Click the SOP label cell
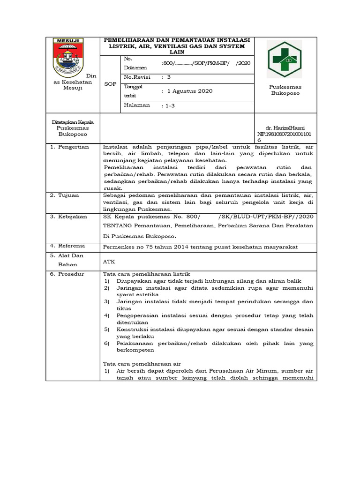[111, 83]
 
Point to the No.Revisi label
[137, 76]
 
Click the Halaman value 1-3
[167, 106]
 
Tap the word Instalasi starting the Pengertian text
[117, 147]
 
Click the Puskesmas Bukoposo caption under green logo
[285, 90]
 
